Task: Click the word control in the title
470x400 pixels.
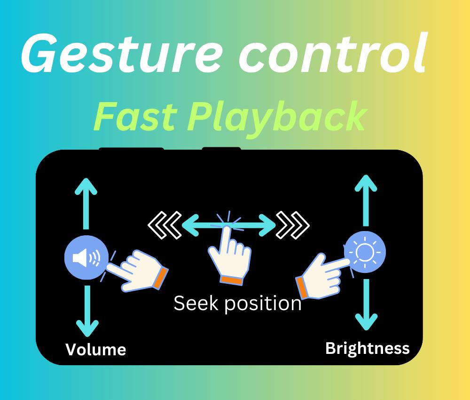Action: pyautogui.click(x=332, y=53)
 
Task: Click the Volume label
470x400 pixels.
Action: pyautogui.click(x=95, y=350)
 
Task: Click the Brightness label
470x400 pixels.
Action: pyautogui.click(x=368, y=348)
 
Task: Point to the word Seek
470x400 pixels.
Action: pyautogui.click(x=196, y=303)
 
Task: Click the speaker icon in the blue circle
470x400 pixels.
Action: pyautogui.click(x=86, y=257)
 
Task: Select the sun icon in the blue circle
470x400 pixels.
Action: pyautogui.click(x=365, y=252)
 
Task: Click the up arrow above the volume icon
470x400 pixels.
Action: pyautogui.click(x=86, y=204)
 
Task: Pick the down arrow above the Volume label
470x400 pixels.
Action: pyautogui.click(x=87, y=311)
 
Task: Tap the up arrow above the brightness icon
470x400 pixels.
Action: pyautogui.click(x=366, y=200)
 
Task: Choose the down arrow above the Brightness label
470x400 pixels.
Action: pyautogui.click(x=366, y=304)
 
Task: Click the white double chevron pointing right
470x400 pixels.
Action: pyautogui.click(x=292, y=225)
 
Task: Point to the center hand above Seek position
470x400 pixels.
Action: pyautogui.click(x=230, y=256)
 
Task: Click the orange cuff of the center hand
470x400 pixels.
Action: pyautogui.click(x=231, y=280)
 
